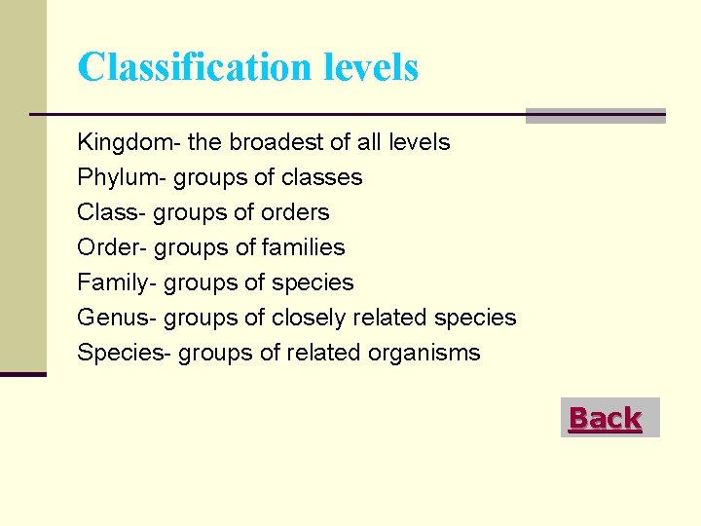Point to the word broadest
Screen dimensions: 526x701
(x=277, y=142)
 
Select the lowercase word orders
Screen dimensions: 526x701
(x=296, y=212)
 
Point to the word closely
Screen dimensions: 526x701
(x=309, y=318)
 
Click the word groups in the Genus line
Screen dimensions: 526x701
(x=200, y=319)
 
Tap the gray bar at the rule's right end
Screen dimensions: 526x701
(x=595, y=116)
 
